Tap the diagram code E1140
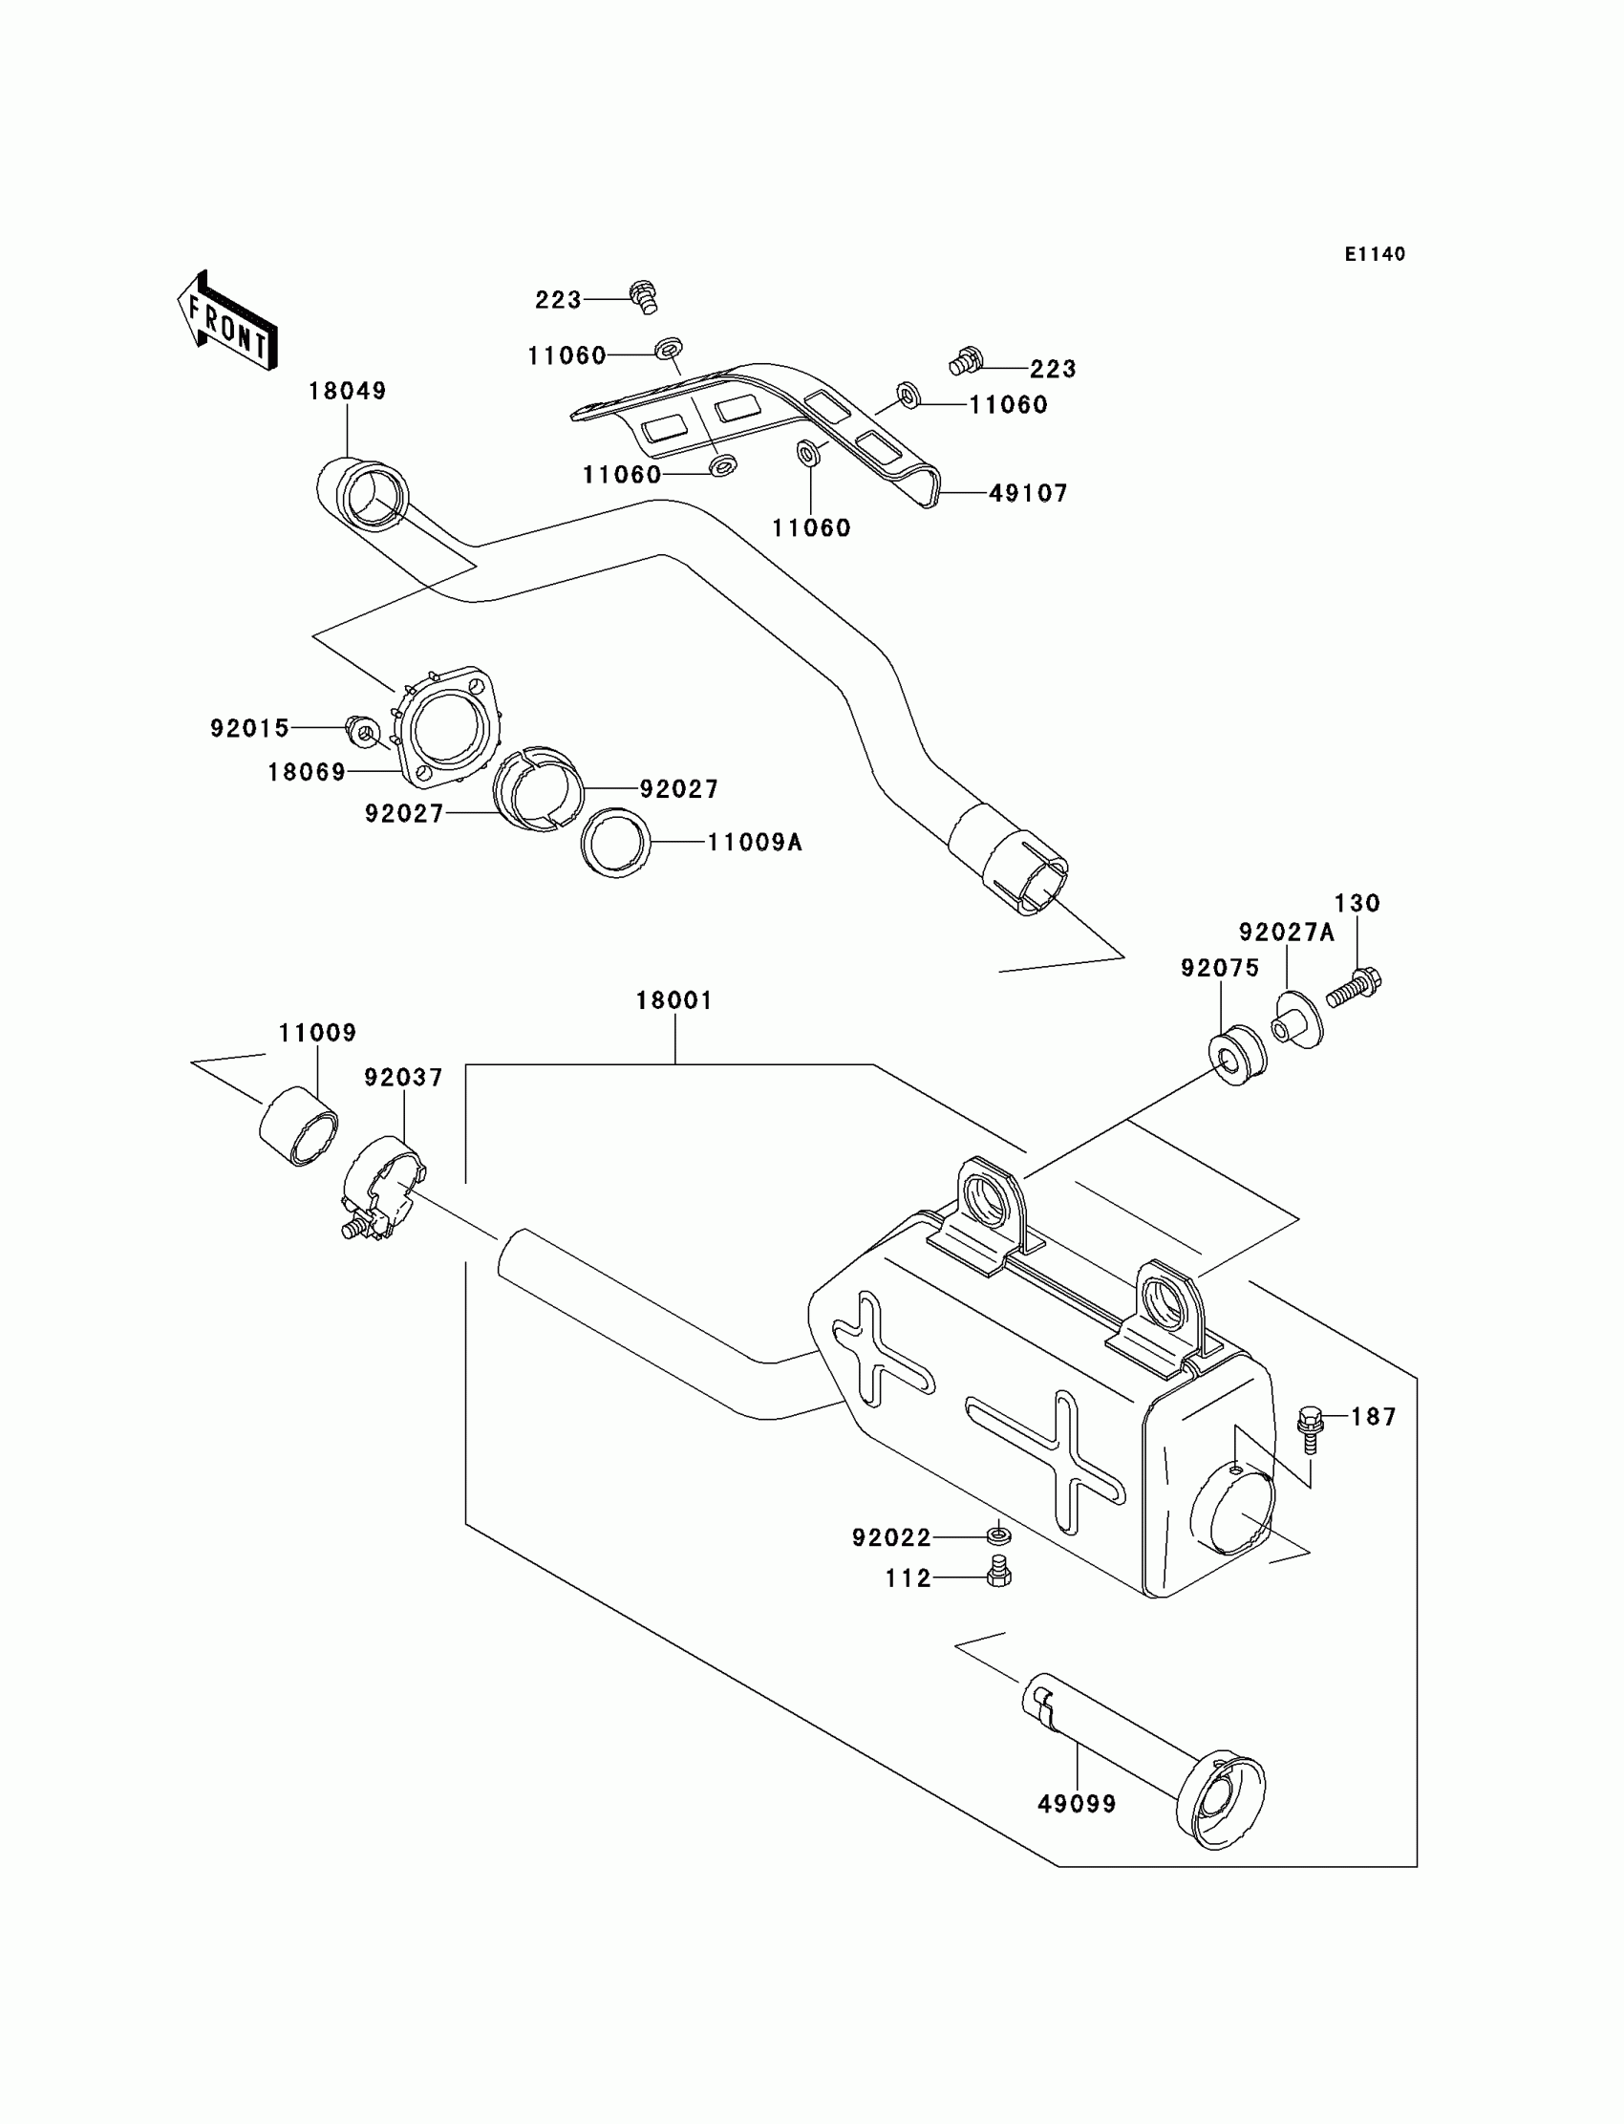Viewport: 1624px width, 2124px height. [x=1375, y=254]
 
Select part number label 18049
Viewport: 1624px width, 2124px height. [x=347, y=392]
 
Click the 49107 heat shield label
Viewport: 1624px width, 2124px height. [x=1028, y=494]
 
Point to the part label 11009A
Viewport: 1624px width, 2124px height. [x=755, y=843]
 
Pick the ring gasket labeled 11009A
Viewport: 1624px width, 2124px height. [x=616, y=843]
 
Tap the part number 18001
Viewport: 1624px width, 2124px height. [x=673, y=1000]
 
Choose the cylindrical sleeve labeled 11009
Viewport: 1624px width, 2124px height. [x=300, y=1126]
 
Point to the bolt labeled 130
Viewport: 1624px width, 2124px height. [x=1356, y=988]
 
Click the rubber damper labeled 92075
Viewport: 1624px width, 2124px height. [x=1237, y=1059]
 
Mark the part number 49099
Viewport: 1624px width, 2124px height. [x=1077, y=1804]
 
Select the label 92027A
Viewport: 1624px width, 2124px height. [x=1287, y=933]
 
